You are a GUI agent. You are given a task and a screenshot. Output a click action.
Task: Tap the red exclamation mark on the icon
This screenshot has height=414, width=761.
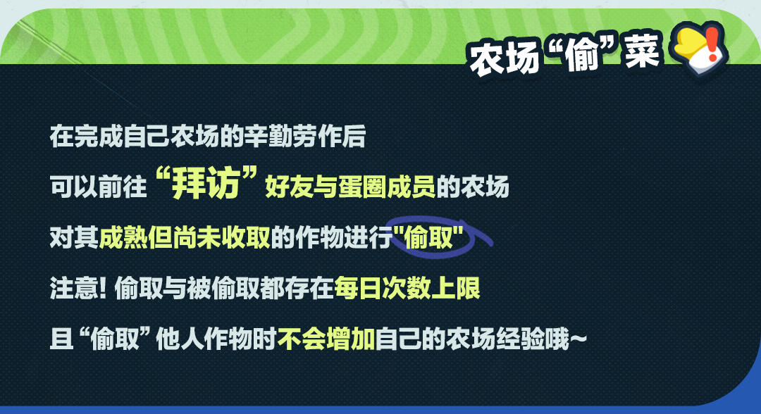click(712, 44)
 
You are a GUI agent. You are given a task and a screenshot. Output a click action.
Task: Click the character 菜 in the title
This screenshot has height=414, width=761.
click(642, 51)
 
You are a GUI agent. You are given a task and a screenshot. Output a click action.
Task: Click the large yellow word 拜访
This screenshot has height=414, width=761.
click(206, 183)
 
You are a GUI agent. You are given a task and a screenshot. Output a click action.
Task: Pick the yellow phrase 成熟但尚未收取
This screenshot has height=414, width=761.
click(185, 237)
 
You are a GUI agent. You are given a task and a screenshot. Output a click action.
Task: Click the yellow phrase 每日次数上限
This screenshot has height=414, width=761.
click(407, 288)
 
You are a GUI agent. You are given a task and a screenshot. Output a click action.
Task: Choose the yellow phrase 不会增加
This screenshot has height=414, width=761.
click(326, 339)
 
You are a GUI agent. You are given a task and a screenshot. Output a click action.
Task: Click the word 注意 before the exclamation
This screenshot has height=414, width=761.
click(74, 288)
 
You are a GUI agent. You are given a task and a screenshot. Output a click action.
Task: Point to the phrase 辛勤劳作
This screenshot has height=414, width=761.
click(292, 136)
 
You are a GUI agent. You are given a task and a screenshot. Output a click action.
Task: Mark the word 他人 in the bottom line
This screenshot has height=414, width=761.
click(180, 339)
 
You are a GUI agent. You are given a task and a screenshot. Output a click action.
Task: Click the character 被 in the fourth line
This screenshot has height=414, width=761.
click(199, 288)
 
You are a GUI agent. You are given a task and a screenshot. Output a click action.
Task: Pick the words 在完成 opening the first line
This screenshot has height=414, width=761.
click(87, 136)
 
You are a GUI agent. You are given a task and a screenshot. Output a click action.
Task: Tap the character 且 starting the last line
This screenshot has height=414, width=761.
click(61, 339)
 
